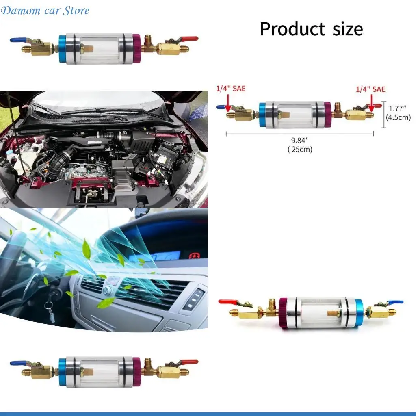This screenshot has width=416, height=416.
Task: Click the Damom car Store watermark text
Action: point(45,11)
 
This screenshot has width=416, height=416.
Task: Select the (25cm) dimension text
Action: point(300,149)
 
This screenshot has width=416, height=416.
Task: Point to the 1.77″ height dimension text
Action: point(397,108)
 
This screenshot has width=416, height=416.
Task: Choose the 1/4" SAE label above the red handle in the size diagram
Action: point(370,89)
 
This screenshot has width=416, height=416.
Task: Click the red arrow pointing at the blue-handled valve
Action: point(228,102)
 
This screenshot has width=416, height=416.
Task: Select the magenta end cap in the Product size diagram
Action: point(328,115)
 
